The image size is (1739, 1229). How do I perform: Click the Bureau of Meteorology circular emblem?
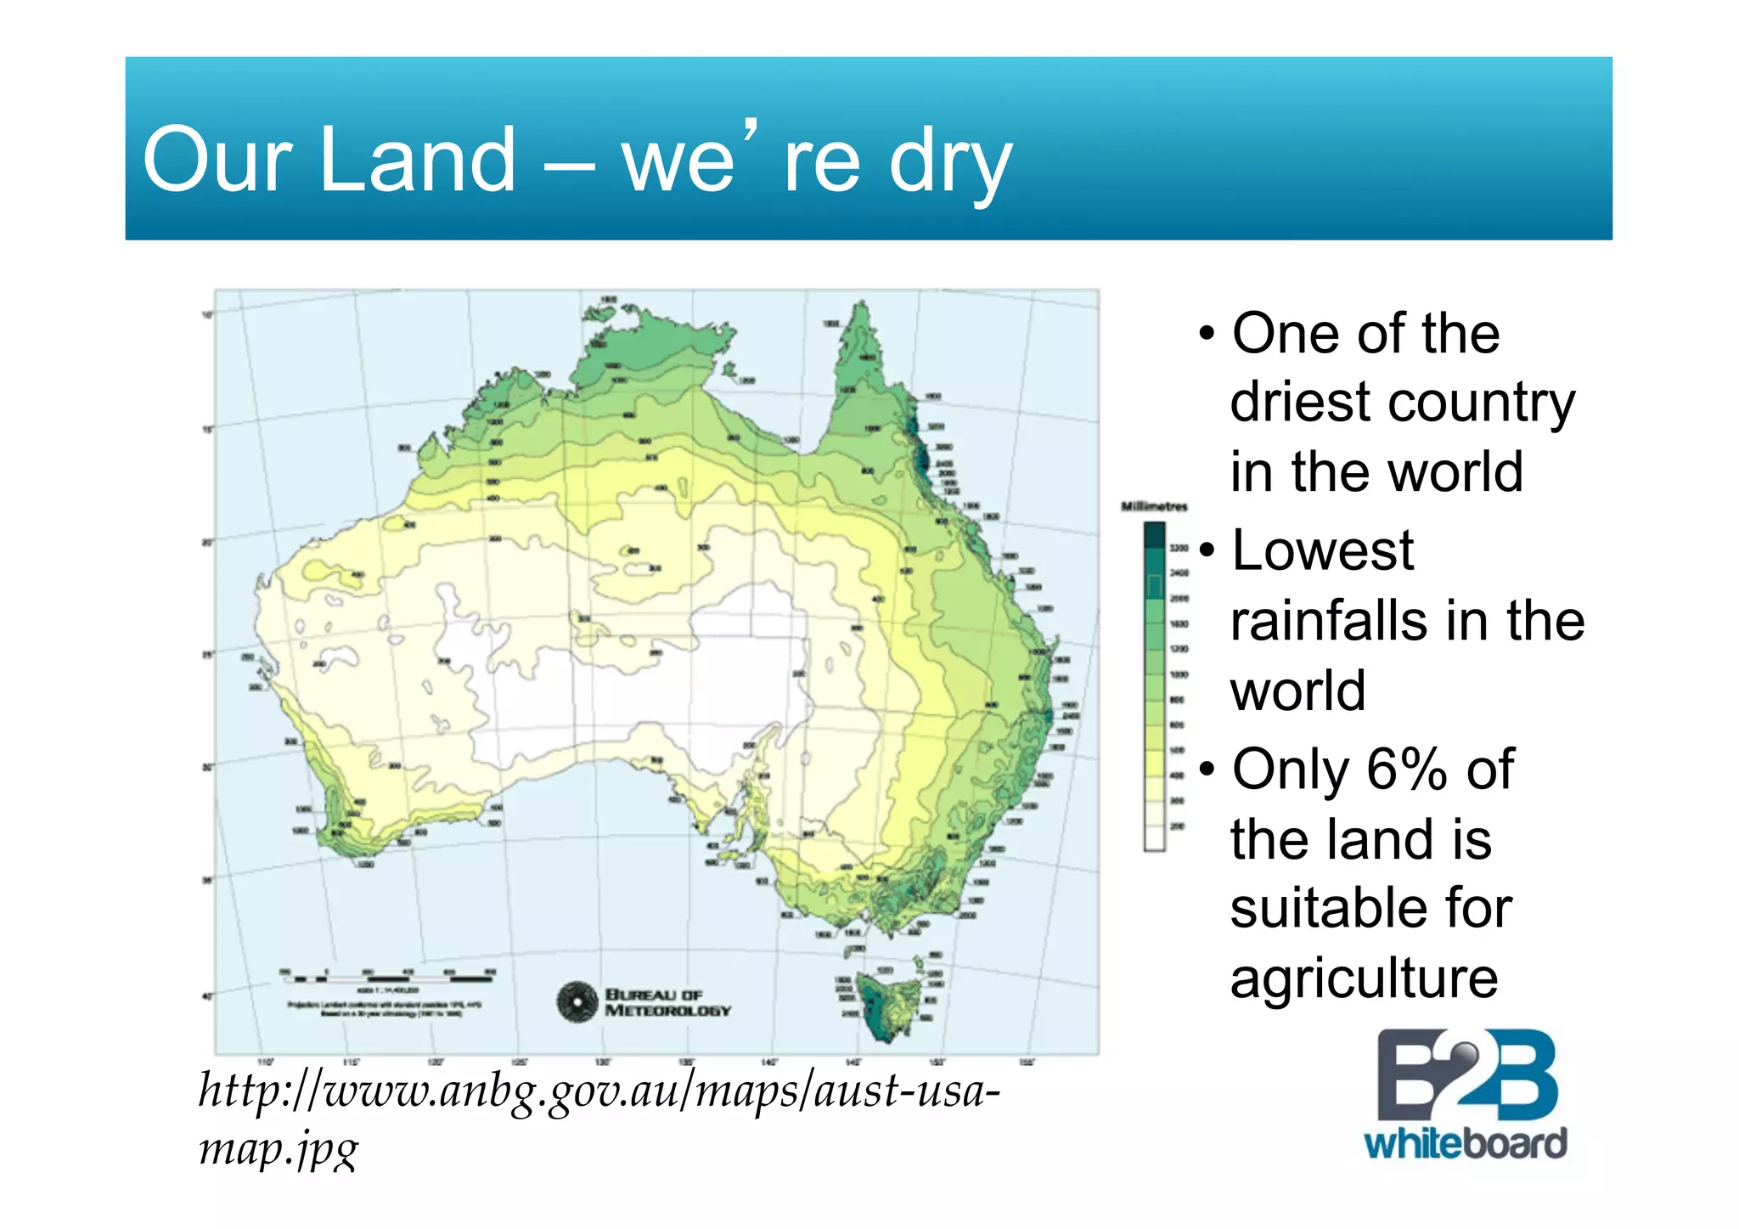click(577, 1002)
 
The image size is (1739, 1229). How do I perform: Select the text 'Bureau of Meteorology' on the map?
click(667, 1002)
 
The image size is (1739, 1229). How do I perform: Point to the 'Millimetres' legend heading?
click(1154, 507)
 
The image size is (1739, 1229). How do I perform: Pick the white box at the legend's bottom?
click(1154, 837)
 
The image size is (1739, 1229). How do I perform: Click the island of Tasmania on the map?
click(888, 1007)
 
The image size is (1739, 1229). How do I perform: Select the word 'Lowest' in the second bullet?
click(1322, 550)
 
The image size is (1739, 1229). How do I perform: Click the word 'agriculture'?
click(1364, 978)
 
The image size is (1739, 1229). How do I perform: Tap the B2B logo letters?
click(1466, 1074)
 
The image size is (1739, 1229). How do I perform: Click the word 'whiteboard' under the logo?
click(1465, 1143)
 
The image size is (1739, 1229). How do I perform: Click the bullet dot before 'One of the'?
click(1207, 332)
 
